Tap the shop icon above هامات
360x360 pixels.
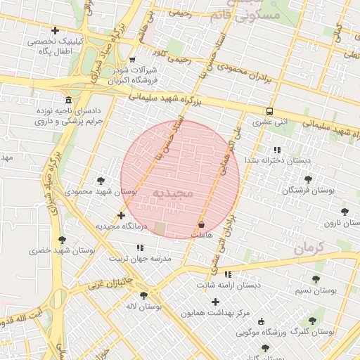tap(202, 224)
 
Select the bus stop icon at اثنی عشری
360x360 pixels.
tap(269, 111)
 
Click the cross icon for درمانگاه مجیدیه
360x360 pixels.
tap(122, 215)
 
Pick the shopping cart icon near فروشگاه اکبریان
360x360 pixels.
tap(133, 60)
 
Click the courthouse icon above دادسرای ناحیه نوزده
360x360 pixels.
tap(67, 100)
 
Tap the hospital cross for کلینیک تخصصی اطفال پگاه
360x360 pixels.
tap(55, 30)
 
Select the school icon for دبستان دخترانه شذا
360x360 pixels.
tap(277, 150)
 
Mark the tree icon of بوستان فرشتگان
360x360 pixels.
tap(308, 179)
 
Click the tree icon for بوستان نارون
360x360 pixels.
tap(344, 211)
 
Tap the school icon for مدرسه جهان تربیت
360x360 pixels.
tap(140, 247)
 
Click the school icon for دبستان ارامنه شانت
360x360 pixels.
tap(228, 274)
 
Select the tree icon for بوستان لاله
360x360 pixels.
tap(143, 295)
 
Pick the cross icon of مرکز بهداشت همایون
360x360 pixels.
tap(215, 302)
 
